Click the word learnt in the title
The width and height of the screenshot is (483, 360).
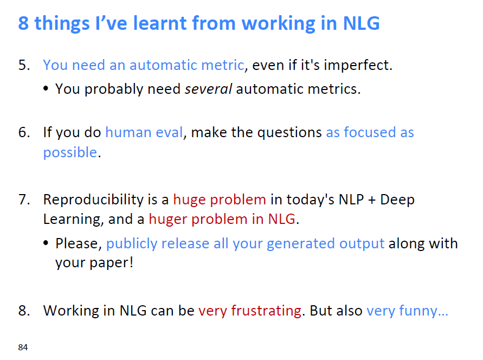coord(159,23)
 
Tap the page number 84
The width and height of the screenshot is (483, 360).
coord(23,348)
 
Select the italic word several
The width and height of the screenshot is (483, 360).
coord(208,89)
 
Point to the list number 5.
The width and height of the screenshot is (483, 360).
coord(24,65)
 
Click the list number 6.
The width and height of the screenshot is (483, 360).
coord(24,132)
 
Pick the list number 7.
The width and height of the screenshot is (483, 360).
coord(24,200)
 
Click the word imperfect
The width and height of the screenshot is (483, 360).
coord(358,65)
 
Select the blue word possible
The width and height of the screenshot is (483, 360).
coord(70,153)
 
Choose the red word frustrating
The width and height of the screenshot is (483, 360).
coord(266,311)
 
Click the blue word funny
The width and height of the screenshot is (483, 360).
coord(418,311)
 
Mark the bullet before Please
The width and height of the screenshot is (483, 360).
coord(46,243)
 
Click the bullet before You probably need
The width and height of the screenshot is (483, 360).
coord(46,89)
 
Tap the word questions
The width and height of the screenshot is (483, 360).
coord(289,133)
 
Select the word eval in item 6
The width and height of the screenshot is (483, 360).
coord(169,132)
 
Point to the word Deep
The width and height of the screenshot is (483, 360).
coord(397,200)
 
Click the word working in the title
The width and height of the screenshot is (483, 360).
coord(279,24)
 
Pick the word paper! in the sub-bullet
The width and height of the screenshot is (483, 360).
coord(112,263)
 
